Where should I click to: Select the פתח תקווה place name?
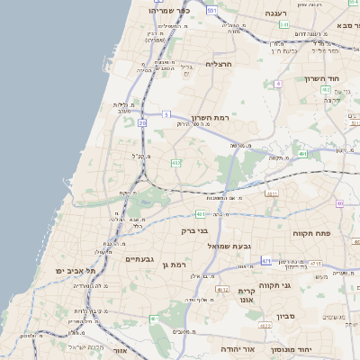point(312,233)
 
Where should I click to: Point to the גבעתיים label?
point(141,259)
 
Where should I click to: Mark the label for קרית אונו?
point(247,296)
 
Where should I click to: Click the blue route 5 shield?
point(166,114)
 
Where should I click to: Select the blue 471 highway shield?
point(266,261)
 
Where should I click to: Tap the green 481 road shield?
point(200,215)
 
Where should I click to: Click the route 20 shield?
point(142,122)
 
